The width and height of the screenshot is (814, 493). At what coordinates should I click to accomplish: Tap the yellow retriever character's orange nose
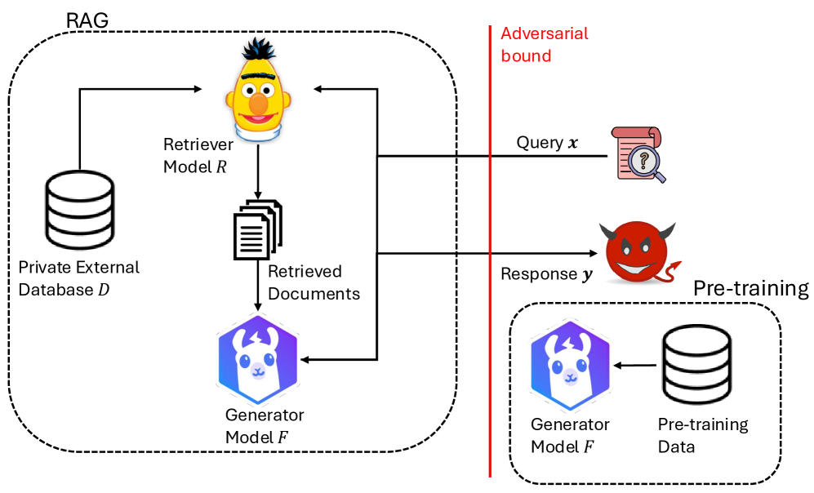click(x=259, y=104)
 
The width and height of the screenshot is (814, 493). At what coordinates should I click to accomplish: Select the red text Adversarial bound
click(x=544, y=45)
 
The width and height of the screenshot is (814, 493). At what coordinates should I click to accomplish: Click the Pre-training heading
click(x=750, y=288)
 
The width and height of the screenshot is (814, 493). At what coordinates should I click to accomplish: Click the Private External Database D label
click(x=80, y=278)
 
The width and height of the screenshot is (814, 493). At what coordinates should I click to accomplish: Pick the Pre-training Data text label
click(x=703, y=436)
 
